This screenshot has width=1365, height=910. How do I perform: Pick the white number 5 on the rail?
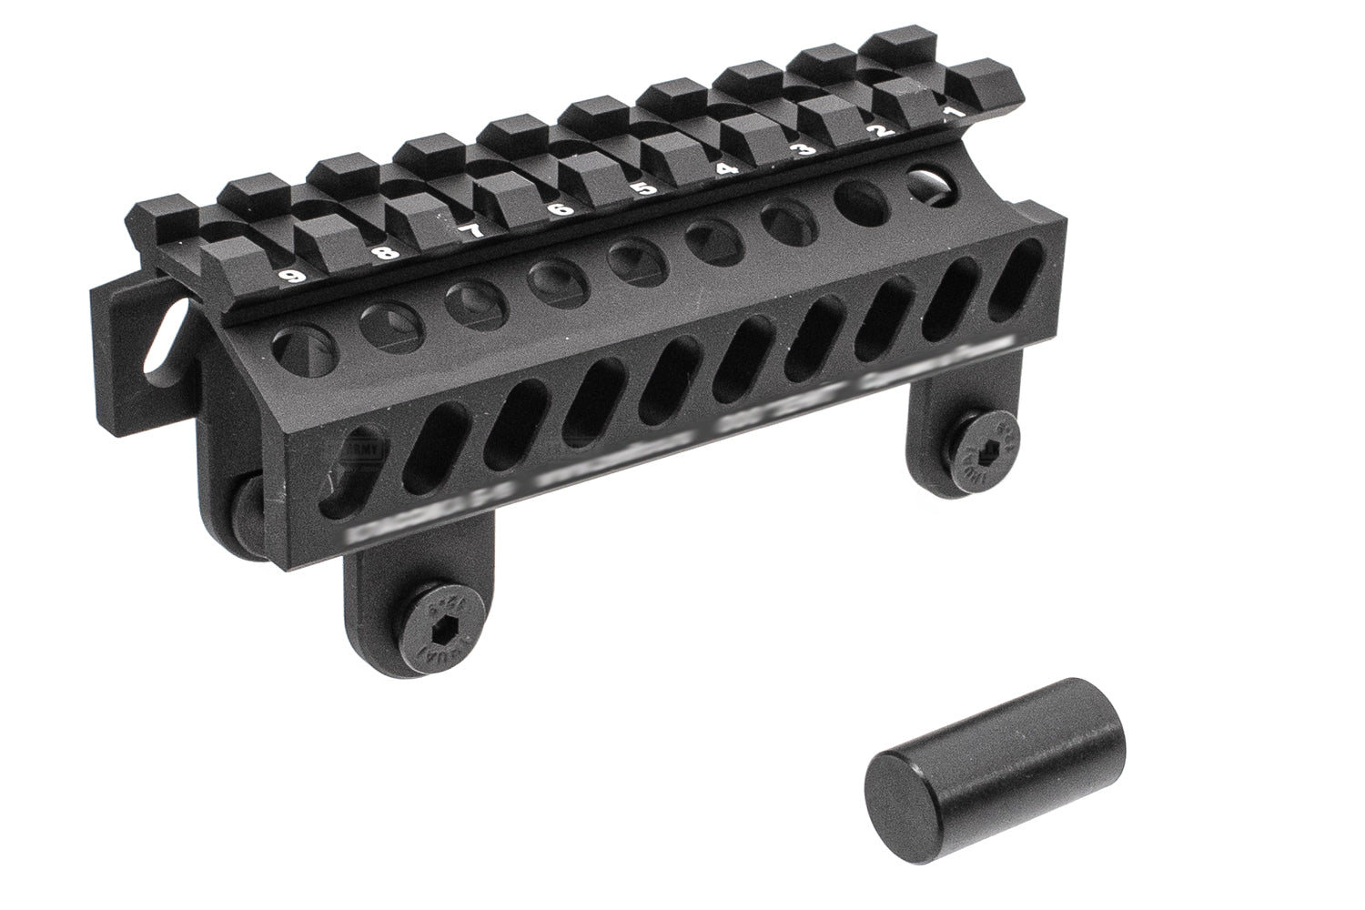(643, 189)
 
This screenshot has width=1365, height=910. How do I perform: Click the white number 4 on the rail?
(725, 169)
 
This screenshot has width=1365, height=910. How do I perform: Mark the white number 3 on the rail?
(804, 150)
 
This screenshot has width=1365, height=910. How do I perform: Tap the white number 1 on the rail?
(952, 114)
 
